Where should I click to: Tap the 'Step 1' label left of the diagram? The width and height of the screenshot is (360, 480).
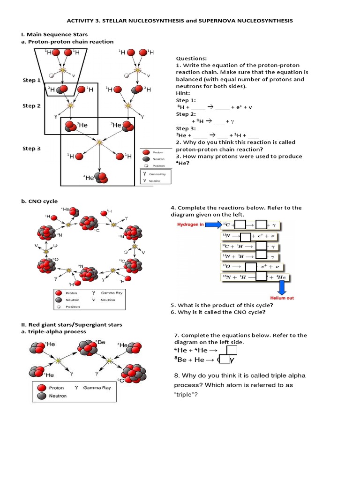coord(31,80)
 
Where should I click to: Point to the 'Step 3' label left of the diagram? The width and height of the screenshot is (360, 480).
coord(31,149)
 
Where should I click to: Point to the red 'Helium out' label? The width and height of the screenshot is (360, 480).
coord(281,298)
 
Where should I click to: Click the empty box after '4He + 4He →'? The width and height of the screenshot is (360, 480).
coord(232,350)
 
